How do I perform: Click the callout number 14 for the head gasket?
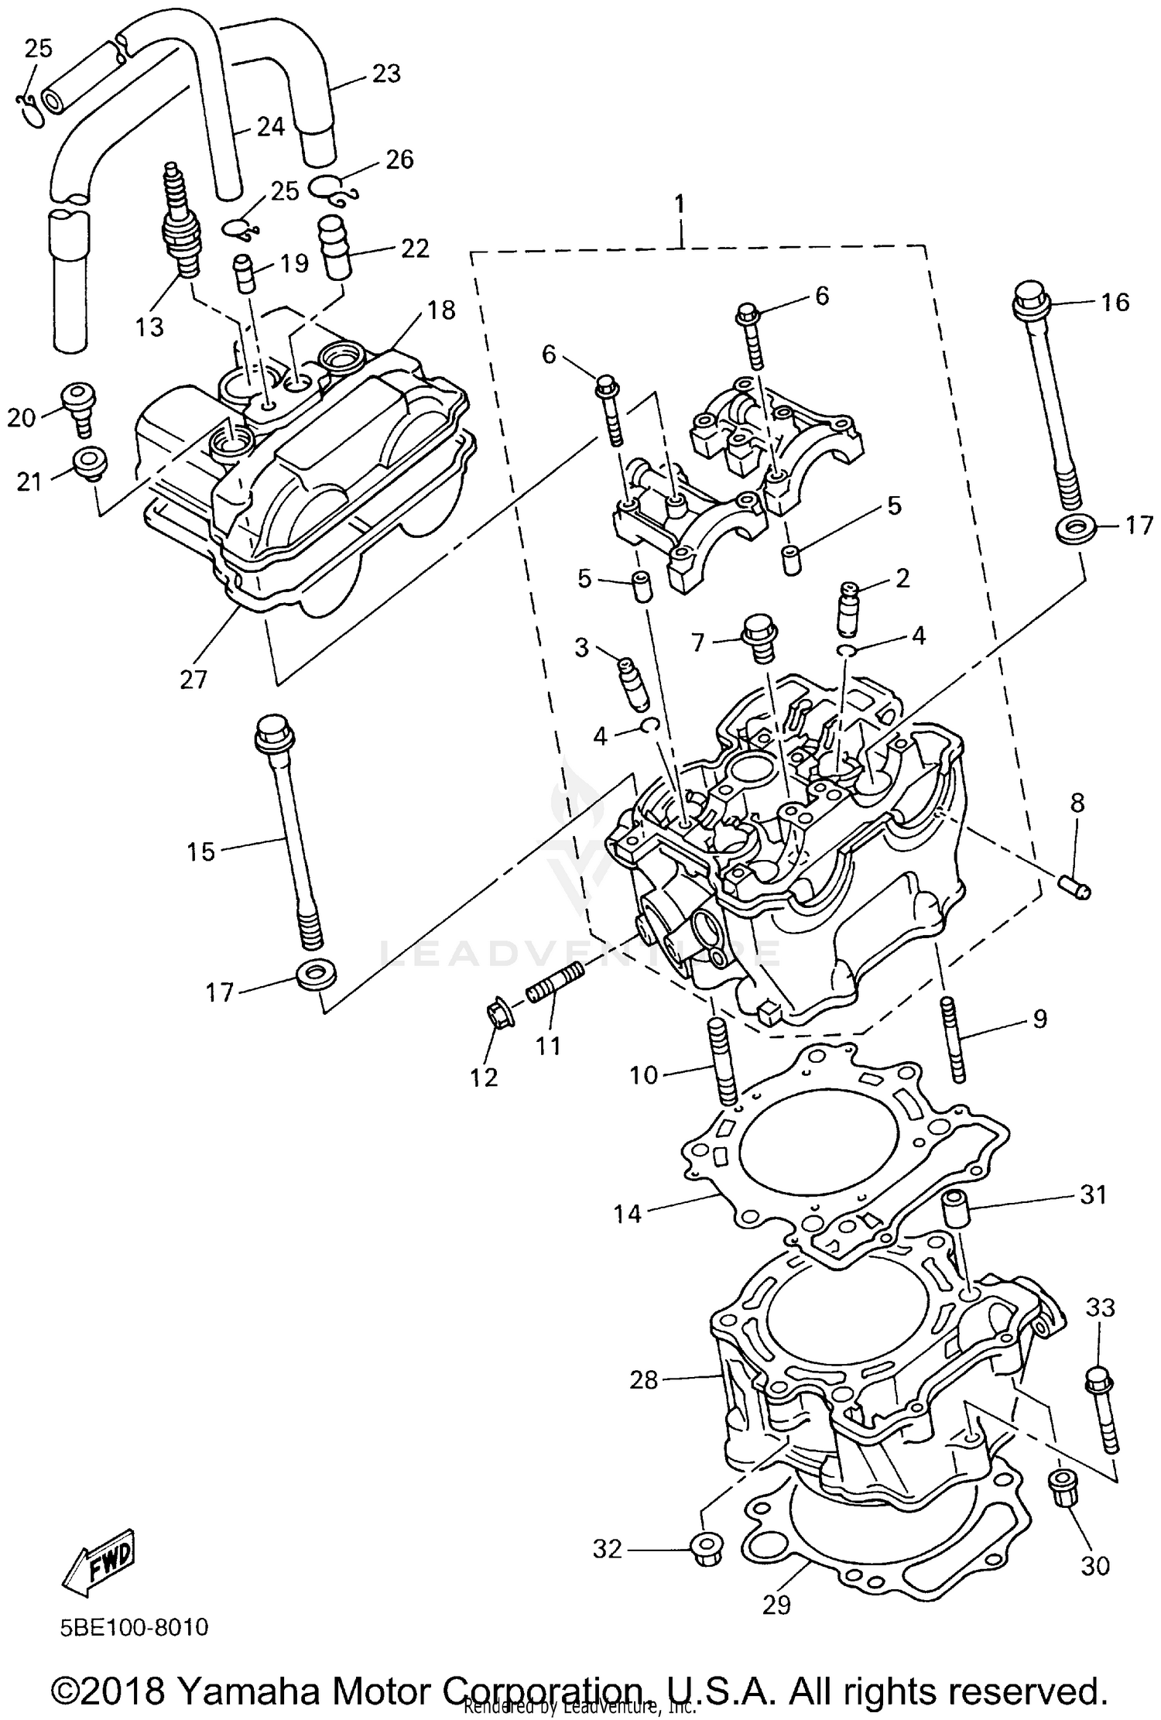[628, 1214]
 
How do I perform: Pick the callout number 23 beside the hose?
[386, 74]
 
